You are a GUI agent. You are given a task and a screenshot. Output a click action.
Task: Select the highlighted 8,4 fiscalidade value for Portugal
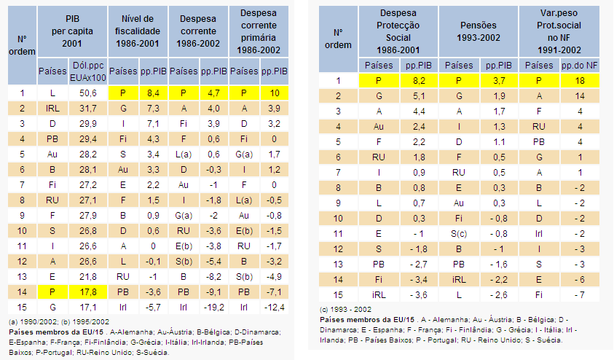[x=153, y=93]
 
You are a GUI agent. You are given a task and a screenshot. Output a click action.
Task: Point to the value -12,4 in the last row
[x=274, y=308]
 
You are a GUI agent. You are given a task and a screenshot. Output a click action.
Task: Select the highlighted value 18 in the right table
[x=580, y=81]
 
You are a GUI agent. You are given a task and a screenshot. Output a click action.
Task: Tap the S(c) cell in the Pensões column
[x=459, y=234]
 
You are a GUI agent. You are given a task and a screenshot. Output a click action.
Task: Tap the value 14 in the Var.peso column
[x=580, y=96]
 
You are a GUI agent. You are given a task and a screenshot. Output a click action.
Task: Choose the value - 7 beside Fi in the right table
[x=580, y=295]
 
